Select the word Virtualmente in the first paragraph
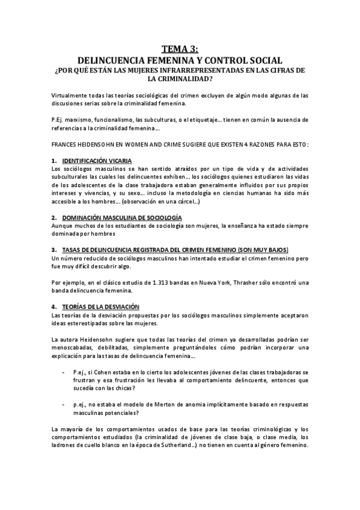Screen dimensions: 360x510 click(x=69, y=95)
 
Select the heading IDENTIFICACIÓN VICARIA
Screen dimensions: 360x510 click(x=97, y=161)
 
